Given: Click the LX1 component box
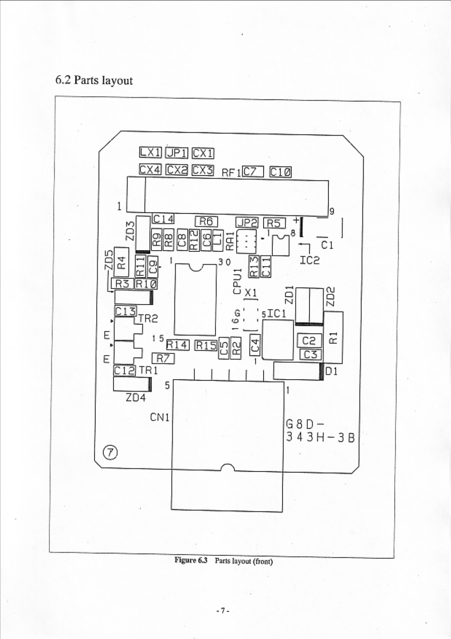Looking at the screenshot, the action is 150,153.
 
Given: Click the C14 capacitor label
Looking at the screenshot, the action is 163,219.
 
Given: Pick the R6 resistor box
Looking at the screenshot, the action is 206,221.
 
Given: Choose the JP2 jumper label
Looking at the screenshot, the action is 247,223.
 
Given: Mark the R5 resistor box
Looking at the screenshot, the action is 274,223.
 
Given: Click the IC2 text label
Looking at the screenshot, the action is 310,260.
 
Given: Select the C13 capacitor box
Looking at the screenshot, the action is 125,312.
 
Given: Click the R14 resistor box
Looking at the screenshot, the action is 177,345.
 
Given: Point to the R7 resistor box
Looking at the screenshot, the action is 163,358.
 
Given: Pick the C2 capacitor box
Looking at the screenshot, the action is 310,340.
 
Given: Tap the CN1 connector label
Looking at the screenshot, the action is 159,417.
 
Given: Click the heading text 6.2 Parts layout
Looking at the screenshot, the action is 94,80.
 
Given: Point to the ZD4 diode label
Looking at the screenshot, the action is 135,398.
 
